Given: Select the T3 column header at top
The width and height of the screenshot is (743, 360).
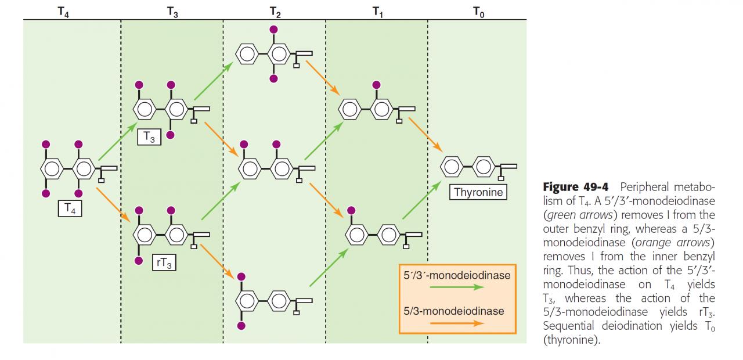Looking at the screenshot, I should (172, 11).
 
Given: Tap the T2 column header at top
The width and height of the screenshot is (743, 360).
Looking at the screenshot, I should (275, 11).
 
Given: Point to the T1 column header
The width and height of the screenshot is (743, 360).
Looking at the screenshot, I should (377, 11).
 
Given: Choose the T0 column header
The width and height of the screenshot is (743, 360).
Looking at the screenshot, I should (478, 11).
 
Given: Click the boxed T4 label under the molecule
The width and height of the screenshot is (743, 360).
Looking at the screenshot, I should (70, 208).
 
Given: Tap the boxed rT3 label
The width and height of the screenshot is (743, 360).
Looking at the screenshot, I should (165, 262).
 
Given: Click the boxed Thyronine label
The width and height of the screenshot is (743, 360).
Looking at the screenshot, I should (478, 192).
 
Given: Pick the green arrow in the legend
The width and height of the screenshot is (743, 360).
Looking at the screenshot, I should (456, 287).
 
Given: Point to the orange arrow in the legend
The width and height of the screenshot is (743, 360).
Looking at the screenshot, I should (456, 323).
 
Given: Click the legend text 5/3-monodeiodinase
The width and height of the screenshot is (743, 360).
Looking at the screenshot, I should (454, 311).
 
